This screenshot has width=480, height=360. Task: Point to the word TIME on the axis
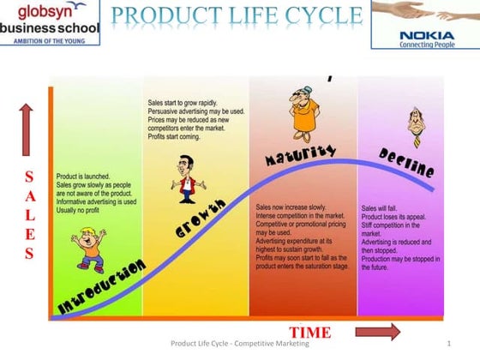309,332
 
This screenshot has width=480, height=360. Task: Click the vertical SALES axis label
28,214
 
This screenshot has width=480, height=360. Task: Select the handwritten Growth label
201,219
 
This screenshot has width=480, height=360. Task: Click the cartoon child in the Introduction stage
90,249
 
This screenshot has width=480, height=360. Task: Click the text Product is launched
81,176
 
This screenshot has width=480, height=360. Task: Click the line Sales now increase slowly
291,207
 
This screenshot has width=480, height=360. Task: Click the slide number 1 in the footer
448,344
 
